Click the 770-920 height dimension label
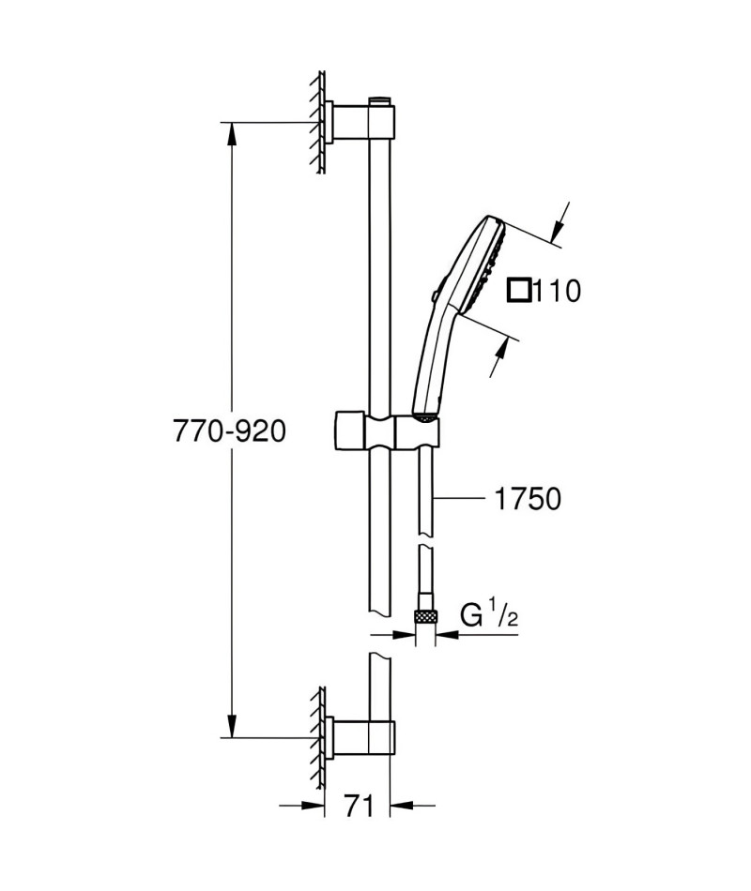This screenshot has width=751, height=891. tap(229, 431)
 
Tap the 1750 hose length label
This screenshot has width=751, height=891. tap(528, 499)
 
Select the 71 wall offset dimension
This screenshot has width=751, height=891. tap(360, 806)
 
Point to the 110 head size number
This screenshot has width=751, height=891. tap(558, 291)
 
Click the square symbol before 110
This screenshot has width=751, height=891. tap(519, 291)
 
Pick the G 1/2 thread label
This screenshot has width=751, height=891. tap(489, 616)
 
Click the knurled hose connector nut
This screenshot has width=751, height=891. tap(425, 614)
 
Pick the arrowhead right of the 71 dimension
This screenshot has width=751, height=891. tap(404, 806)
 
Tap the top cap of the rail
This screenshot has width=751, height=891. tap(380, 100)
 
